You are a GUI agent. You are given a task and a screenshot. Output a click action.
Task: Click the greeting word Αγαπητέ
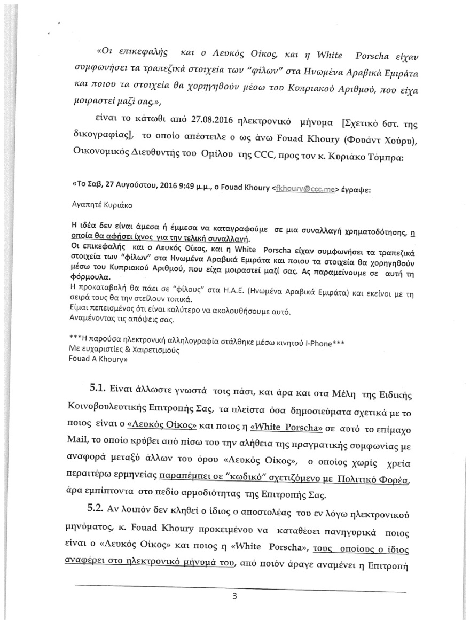coord(87,204)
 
